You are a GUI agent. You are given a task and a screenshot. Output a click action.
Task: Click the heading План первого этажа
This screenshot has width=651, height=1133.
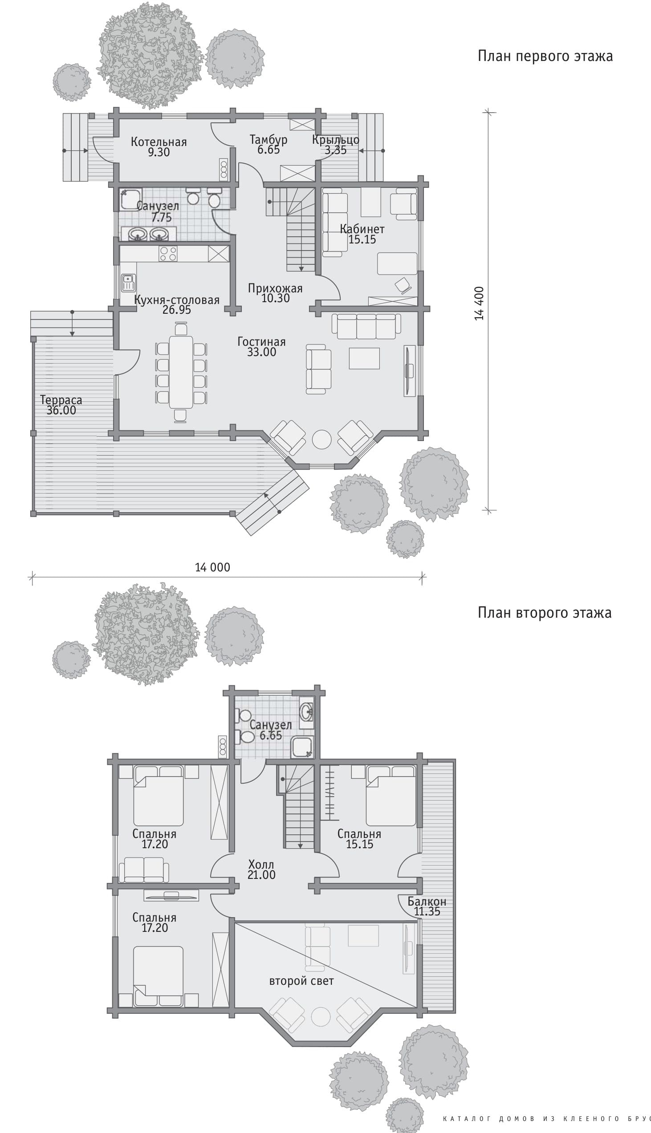[545, 56]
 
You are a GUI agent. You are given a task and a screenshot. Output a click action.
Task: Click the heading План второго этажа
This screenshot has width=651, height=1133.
[545, 612]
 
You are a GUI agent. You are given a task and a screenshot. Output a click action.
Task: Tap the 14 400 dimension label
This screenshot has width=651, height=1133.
[479, 303]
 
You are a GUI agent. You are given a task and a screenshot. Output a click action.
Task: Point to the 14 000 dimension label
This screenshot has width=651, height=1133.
[212, 567]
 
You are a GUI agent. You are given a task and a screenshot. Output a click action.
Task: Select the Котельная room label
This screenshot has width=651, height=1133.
[159, 142]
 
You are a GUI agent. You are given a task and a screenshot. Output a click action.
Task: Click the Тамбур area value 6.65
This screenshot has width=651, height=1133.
[269, 150]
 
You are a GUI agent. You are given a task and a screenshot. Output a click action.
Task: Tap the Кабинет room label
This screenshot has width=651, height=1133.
[362, 229]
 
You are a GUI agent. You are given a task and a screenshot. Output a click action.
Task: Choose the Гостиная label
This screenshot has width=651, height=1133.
[261, 342]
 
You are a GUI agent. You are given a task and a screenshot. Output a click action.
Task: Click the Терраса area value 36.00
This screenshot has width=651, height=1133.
[61, 411]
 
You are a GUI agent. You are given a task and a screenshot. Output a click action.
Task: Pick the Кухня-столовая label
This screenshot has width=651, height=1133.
[177, 300]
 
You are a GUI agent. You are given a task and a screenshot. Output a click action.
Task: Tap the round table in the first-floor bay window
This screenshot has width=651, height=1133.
[321, 439]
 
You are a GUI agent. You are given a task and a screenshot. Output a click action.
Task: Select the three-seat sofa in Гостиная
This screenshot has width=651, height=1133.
[366, 326]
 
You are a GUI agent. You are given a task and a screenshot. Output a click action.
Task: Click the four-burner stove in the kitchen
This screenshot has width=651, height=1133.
[168, 254]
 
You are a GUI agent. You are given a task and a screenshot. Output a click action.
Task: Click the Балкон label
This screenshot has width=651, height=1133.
[427, 901]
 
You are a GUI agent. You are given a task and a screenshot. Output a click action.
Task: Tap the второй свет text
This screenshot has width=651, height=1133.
[301, 981]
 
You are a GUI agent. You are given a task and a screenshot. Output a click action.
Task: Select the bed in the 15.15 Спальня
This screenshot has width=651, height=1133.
[391, 796]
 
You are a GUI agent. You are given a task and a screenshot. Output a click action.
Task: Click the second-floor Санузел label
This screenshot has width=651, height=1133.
[270, 724]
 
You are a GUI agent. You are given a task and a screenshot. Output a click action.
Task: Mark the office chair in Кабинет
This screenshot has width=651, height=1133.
[403, 286]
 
